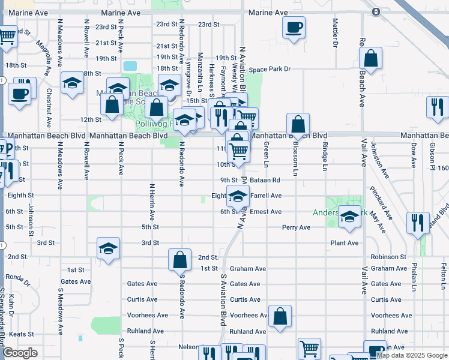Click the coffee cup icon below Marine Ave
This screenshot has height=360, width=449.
click(294, 27)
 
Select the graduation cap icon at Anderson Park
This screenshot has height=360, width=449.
click(349, 217)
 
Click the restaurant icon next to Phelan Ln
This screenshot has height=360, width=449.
click(418, 223)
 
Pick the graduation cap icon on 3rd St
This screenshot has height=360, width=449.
click(108, 248)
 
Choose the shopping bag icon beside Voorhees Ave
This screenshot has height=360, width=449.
click(280, 316)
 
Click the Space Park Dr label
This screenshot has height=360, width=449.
click(270, 69)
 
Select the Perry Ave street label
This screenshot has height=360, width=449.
click(297, 227)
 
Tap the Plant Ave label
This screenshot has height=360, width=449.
click(345, 243)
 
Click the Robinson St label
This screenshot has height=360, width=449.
click(388, 257)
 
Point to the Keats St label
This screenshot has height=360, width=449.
click(21, 334)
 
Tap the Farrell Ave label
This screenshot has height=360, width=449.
click(267, 196)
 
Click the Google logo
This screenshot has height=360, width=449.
click(20, 353)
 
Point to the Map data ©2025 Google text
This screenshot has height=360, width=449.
click(412, 355)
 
